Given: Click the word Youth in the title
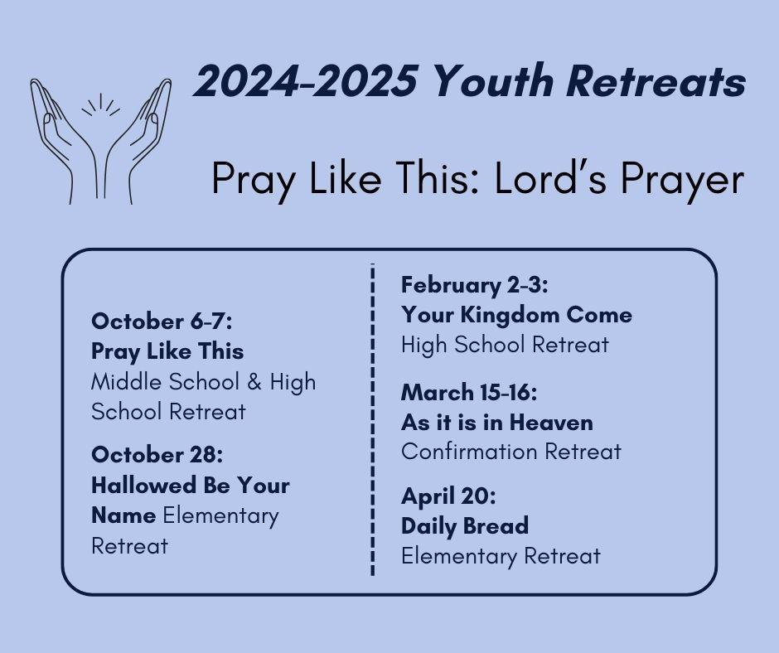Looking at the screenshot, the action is pyautogui.click(x=493, y=81).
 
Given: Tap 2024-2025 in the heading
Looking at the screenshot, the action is pyautogui.click(x=305, y=81).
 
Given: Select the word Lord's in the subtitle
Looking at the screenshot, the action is pyautogui.click(x=550, y=178).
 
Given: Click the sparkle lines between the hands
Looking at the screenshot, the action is pyautogui.click(x=101, y=105).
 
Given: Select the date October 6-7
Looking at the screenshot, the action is pyautogui.click(x=162, y=321).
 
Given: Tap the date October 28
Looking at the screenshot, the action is pyautogui.click(x=157, y=454).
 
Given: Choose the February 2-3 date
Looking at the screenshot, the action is pyautogui.click(x=475, y=285).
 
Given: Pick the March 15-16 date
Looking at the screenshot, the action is pyautogui.click(x=469, y=392).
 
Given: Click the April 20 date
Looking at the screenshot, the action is pyautogui.click(x=448, y=496).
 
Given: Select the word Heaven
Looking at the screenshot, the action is pyautogui.click(x=551, y=423).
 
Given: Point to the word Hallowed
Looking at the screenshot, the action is pyautogui.click(x=143, y=485).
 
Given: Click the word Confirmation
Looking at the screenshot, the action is pyautogui.click(x=469, y=452).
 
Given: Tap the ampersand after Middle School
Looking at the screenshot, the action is pyautogui.click(x=254, y=382).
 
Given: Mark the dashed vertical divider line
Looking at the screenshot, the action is pyautogui.click(x=373, y=420).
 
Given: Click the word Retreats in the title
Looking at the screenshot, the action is pyautogui.click(x=656, y=81).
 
